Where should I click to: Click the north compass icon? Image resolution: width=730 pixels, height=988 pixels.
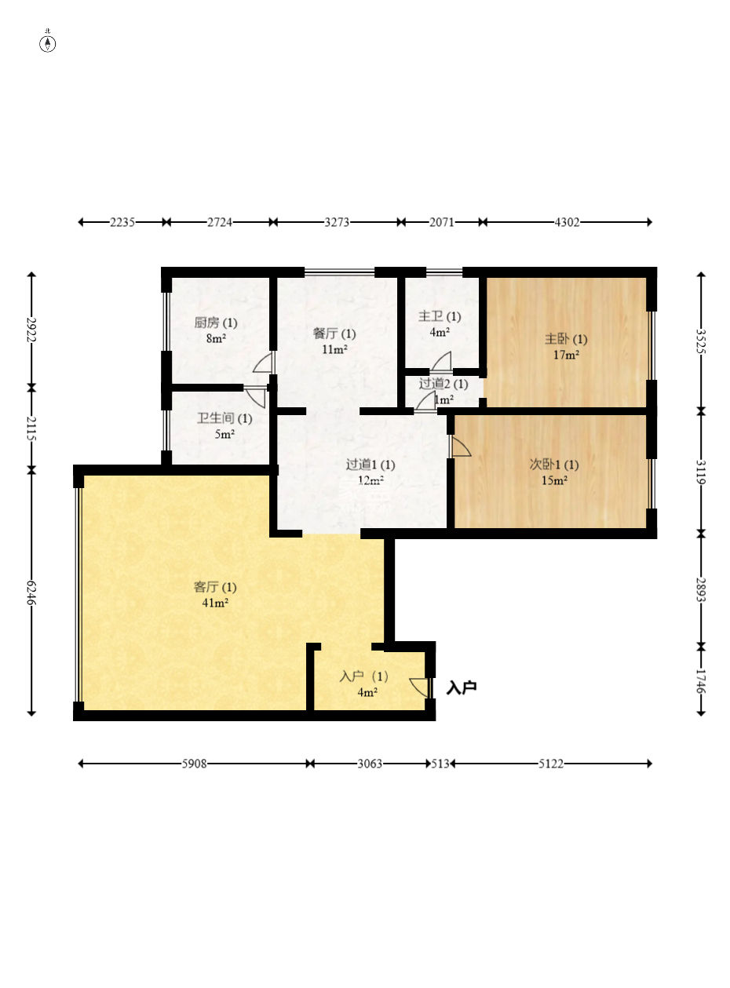click(48, 42)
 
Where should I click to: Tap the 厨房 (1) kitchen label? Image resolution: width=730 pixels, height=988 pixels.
click(216, 323)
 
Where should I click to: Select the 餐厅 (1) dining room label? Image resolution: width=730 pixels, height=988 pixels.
click(334, 334)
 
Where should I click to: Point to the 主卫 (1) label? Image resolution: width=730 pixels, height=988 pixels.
click(439, 316)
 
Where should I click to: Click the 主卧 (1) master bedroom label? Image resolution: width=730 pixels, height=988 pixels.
click(566, 339)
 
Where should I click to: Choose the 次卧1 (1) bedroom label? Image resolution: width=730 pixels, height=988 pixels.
click(554, 465)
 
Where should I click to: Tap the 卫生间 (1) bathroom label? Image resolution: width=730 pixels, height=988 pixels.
click(224, 418)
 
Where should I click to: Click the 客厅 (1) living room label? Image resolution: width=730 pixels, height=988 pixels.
click(215, 587)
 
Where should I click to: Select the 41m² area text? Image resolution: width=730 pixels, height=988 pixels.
click(215, 603)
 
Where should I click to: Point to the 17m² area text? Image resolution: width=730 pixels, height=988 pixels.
click(566, 355)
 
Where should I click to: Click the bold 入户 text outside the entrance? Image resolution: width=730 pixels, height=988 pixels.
click(462, 687)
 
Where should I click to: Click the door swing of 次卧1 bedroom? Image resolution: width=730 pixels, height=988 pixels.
click(461, 447)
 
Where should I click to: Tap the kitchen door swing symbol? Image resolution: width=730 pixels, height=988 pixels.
click(264, 363)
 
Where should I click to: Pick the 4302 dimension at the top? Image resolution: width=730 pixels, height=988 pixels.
click(567, 222)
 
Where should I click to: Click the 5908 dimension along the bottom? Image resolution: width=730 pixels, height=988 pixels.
click(194, 764)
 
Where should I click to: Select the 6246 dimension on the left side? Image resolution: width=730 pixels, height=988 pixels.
click(31, 592)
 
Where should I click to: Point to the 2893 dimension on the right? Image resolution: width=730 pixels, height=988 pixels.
click(701, 589)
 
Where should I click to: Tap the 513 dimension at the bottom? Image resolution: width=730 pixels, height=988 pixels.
click(440, 764)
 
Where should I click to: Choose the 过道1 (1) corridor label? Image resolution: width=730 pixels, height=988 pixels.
click(370, 465)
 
